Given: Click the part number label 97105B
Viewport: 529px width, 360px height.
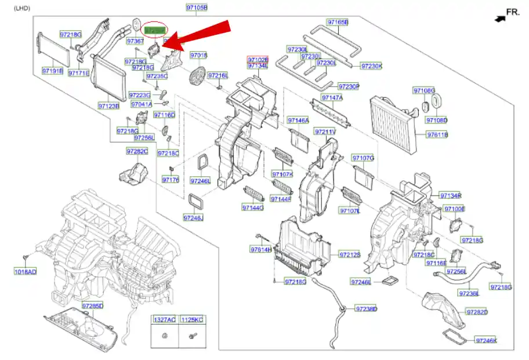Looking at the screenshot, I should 197,8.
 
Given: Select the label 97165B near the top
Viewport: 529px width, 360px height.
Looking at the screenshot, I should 338,23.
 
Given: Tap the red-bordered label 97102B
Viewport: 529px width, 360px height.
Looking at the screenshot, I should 258,60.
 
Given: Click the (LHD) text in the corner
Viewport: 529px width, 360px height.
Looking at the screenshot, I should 22,8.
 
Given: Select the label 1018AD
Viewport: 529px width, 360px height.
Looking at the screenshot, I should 25,271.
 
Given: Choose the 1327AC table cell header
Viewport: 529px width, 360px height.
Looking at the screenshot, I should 165,320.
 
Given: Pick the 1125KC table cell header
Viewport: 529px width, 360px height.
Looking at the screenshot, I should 192,320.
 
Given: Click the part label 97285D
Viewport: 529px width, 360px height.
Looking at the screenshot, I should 92,306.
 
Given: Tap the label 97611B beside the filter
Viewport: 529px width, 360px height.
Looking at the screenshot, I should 438,134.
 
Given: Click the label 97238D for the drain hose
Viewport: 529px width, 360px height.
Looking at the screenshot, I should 366,309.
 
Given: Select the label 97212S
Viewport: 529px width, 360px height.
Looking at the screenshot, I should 350,254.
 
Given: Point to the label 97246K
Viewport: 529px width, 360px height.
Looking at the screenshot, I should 487,340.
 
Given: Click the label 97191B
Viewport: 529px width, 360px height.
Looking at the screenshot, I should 52,71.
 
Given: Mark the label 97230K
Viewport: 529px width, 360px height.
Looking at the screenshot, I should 372,66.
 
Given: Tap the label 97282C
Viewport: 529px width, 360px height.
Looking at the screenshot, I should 137,151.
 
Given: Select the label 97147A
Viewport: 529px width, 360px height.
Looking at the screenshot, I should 332,98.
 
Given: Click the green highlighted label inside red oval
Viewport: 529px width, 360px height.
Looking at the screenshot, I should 154,29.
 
